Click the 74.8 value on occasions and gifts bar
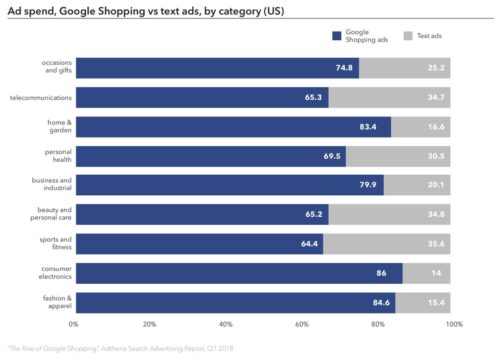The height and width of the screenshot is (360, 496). click(344, 68)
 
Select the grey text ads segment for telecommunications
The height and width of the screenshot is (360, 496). click(389, 97)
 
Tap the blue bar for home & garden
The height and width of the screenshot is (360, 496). click(233, 127)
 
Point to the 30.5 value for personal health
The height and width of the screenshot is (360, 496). click(435, 156)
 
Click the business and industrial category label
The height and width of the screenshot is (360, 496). click(52, 184)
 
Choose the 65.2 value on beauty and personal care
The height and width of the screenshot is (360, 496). click(314, 214)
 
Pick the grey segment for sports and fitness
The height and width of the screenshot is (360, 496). click(386, 244)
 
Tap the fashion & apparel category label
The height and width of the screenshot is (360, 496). click(58, 302)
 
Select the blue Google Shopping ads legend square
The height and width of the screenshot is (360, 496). click(337, 36)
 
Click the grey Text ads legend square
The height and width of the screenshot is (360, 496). click(408, 36)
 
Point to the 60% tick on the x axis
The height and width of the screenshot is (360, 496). click(302, 325)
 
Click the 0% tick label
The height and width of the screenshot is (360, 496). click(74, 325)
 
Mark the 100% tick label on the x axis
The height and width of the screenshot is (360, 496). click(454, 325)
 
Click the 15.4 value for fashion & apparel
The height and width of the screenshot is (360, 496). click(435, 303)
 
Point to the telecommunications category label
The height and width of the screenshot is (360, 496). click(41, 97)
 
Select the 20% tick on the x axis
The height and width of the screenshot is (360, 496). click(149, 325)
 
